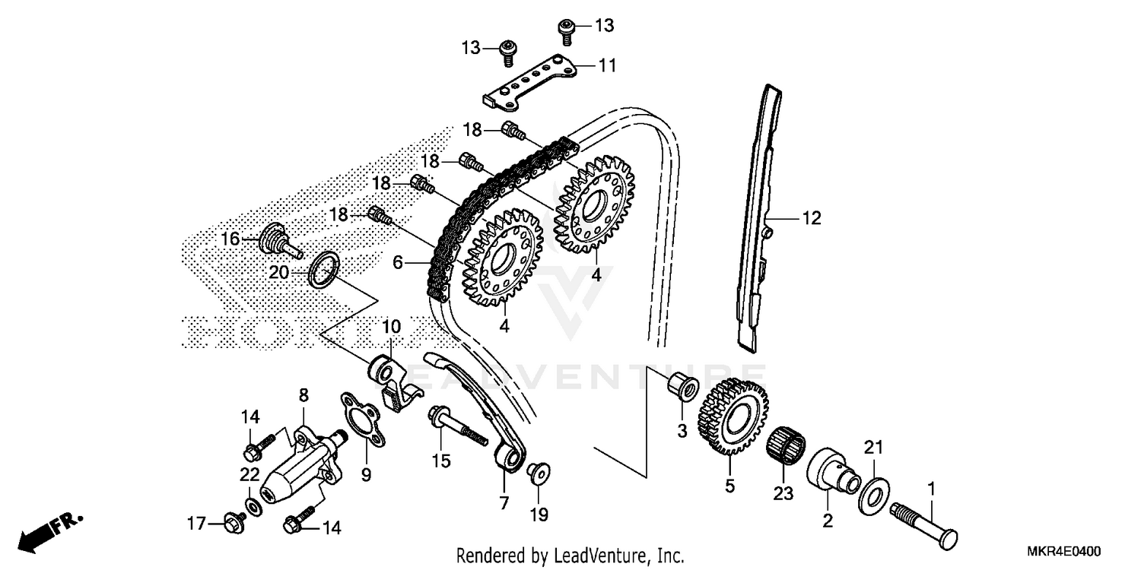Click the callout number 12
tap(811, 219)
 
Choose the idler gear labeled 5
tap(730, 419)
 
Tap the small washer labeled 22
tap(252, 506)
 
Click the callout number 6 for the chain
tap(397, 262)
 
